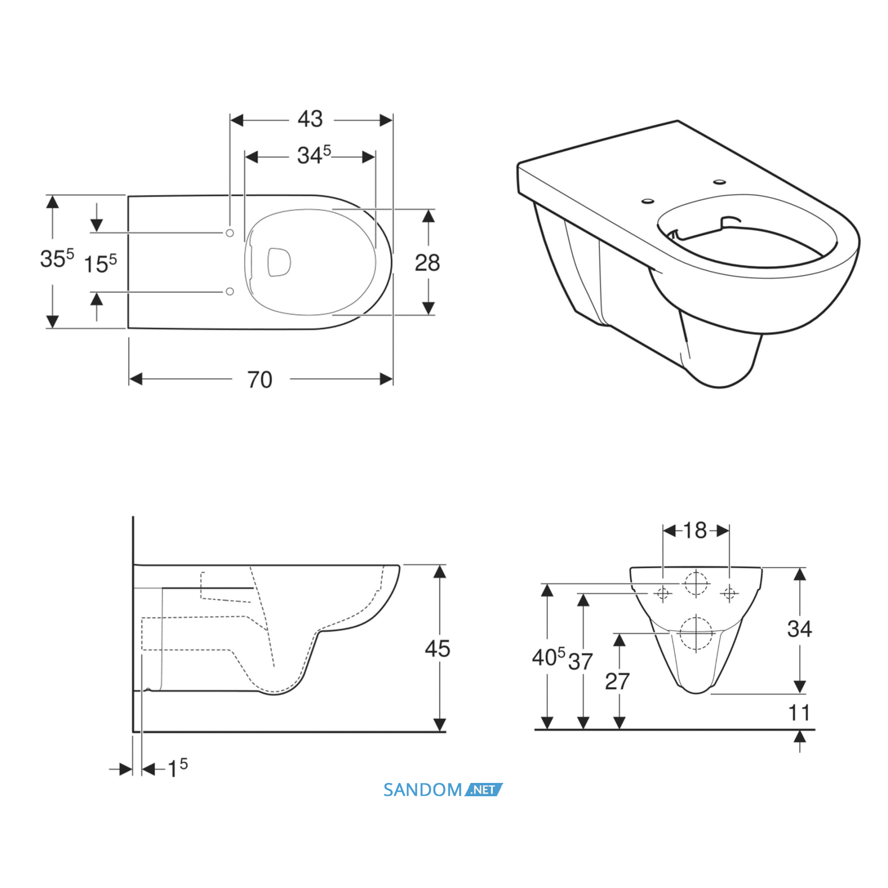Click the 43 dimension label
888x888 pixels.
pyautogui.click(x=310, y=119)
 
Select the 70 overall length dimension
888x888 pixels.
pyautogui.click(x=260, y=379)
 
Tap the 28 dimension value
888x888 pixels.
pyautogui.click(x=427, y=262)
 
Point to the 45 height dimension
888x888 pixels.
pyautogui.click(x=438, y=648)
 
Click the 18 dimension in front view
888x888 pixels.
pyautogui.click(x=695, y=530)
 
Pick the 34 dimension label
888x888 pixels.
pyautogui.click(x=799, y=629)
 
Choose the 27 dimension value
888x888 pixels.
pyautogui.click(x=617, y=681)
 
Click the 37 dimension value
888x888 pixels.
pyautogui.click(x=580, y=662)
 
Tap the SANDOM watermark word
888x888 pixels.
pyautogui.click(x=423, y=790)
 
